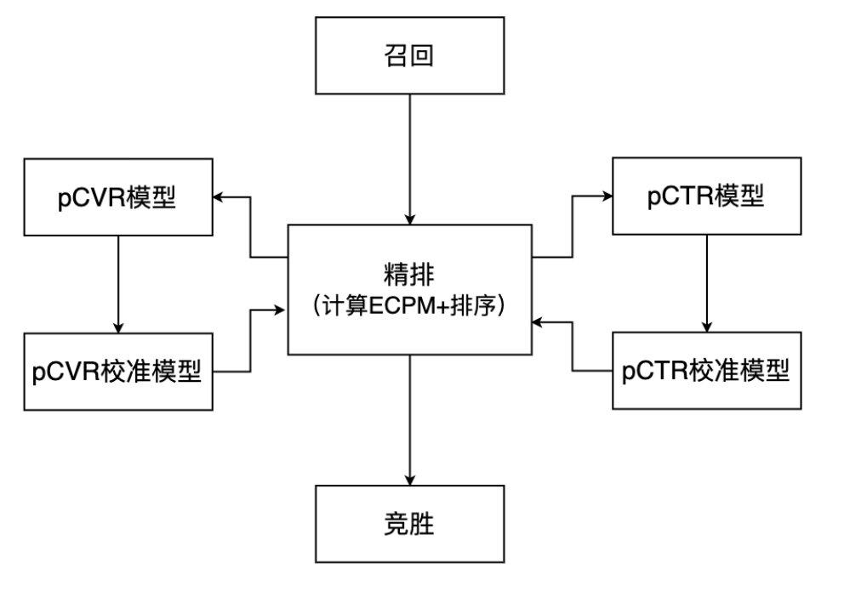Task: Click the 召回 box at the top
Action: click(409, 55)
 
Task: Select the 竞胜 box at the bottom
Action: click(409, 523)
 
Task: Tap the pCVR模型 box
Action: click(117, 197)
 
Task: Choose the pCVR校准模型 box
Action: click(117, 372)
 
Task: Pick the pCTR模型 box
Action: click(706, 196)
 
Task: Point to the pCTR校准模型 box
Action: click(706, 371)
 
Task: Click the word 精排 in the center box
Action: click(409, 274)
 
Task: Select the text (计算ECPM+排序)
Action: click(409, 305)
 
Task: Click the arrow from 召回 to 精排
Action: click(410, 157)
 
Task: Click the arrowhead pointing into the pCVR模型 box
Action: click(219, 197)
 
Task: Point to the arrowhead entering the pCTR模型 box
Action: click(607, 196)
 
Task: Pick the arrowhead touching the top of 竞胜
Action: click(410, 479)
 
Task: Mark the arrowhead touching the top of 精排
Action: click(410, 219)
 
